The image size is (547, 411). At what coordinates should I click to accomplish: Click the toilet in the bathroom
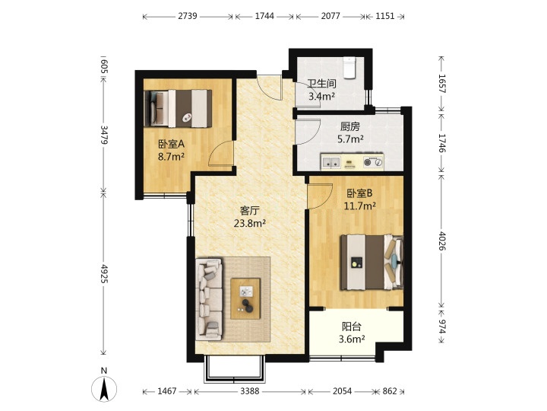pyautogui.click(x=349, y=68)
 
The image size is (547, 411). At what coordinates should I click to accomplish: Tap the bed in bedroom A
pyautogui.click(x=178, y=108)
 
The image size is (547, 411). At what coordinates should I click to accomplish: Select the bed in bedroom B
pyautogui.click(x=372, y=263)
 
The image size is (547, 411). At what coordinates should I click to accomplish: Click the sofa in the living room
pyautogui.click(x=210, y=299)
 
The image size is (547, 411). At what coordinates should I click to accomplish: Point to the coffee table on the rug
pyautogui.click(x=245, y=298)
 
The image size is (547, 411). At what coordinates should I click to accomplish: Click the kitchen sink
pyautogui.click(x=330, y=162)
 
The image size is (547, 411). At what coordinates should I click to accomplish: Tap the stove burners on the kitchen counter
pyautogui.click(x=373, y=162)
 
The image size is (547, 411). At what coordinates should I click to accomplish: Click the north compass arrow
pyautogui.click(x=104, y=389)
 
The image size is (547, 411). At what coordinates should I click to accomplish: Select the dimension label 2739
pyautogui.click(x=188, y=16)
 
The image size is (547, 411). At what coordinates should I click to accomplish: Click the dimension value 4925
pyautogui.click(x=104, y=273)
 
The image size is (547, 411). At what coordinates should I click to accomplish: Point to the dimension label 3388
pyautogui.click(x=249, y=391)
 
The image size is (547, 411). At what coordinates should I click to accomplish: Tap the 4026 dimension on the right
pyautogui.click(x=441, y=241)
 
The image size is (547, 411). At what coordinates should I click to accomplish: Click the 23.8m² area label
pyautogui.click(x=250, y=223)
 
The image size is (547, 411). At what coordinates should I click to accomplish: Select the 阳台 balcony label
pyautogui.click(x=352, y=327)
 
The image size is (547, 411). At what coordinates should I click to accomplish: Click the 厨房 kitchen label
pyautogui.click(x=350, y=126)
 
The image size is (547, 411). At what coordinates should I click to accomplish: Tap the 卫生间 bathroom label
pyautogui.click(x=321, y=84)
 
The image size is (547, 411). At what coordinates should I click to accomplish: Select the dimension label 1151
pyautogui.click(x=385, y=16)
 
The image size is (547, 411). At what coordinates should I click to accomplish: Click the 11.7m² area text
pyautogui.click(x=359, y=205)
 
